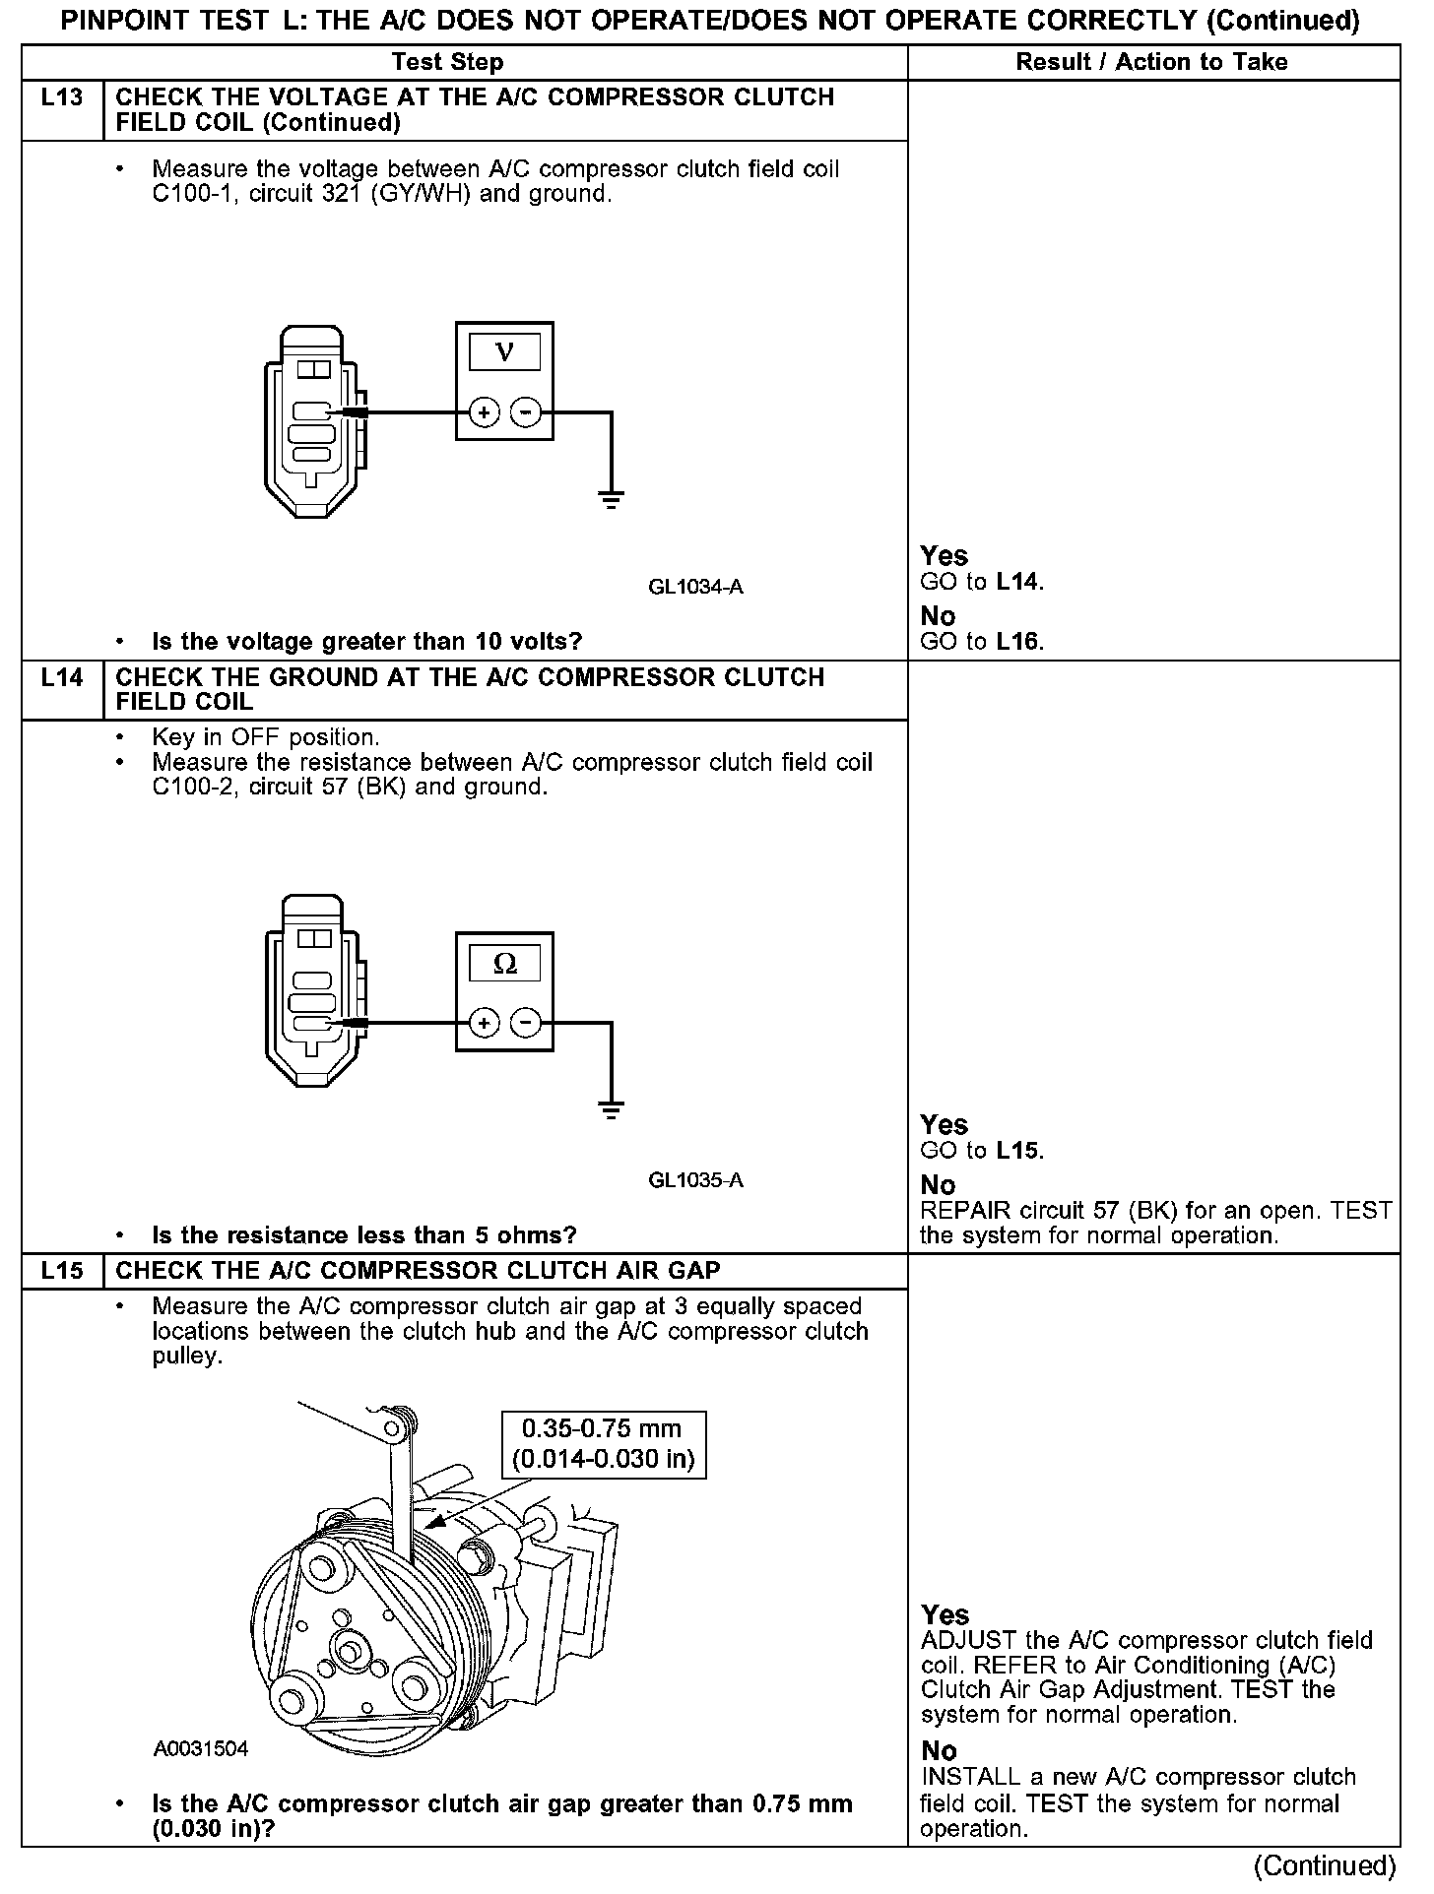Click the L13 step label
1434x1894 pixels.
click(62, 97)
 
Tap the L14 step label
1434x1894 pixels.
click(62, 677)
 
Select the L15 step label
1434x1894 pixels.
click(62, 1270)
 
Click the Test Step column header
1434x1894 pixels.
click(447, 62)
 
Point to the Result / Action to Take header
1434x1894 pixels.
click(1151, 62)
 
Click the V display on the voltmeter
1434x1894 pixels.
click(504, 351)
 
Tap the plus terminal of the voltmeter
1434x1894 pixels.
click(484, 412)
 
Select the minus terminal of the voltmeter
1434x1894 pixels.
click(527, 412)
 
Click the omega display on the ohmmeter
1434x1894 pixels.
click(504, 963)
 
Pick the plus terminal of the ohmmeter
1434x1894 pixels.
click(484, 1024)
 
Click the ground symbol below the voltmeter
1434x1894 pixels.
click(612, 501)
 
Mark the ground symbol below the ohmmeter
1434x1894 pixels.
click(612, 1111)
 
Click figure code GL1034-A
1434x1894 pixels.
click(695, 587)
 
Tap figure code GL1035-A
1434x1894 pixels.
click(695, 1179)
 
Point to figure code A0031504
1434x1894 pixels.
click(201, 1748)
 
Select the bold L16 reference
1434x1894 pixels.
click(1017, 642)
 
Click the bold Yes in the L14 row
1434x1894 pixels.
click(944, 1124)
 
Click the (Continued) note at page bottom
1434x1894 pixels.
click(1324, 1865)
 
